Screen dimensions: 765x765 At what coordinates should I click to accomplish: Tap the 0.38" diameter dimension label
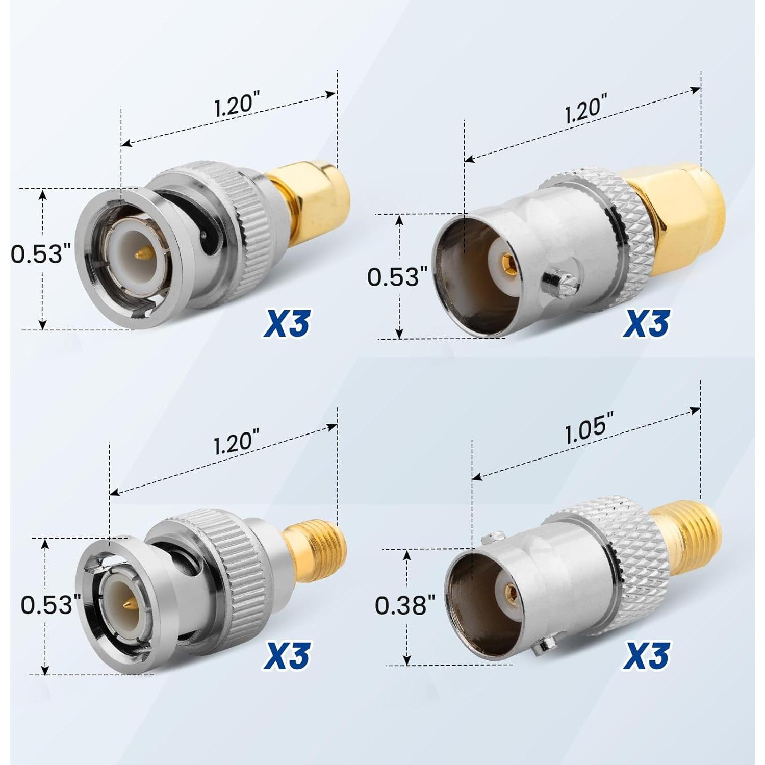(405, 605)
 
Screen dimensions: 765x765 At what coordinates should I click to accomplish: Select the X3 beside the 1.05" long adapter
(646, 655)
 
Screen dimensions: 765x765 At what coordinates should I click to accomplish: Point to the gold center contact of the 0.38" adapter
(509, 592)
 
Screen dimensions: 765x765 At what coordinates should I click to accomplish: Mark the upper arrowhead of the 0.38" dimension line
(407, 554)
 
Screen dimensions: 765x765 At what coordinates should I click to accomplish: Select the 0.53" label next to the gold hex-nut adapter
(393, 277)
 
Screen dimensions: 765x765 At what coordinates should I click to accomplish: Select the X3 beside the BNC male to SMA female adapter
(287, 655)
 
